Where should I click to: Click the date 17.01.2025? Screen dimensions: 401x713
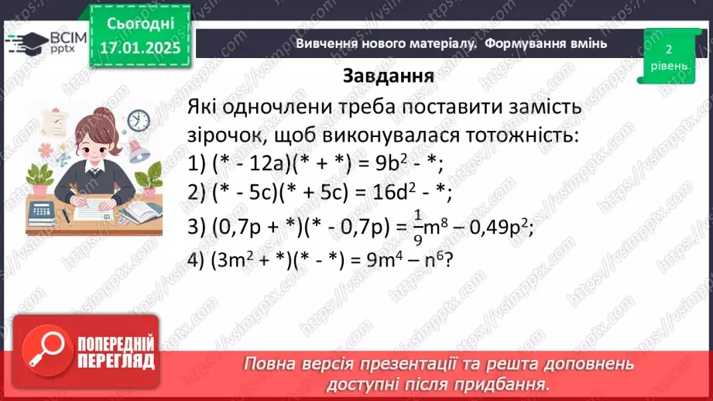(x=140, y=48)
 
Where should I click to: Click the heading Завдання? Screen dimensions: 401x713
(x=387, y=77)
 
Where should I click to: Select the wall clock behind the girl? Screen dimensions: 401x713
(x=138, y=120)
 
